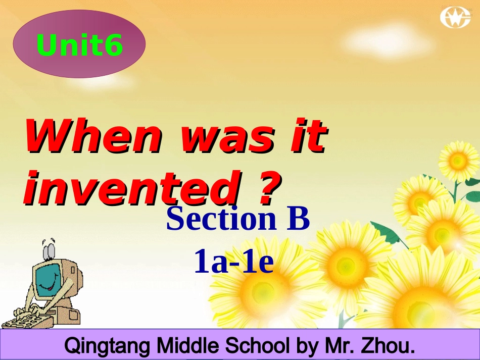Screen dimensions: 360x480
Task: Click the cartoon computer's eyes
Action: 49,249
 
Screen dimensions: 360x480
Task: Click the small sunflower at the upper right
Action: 457,161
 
